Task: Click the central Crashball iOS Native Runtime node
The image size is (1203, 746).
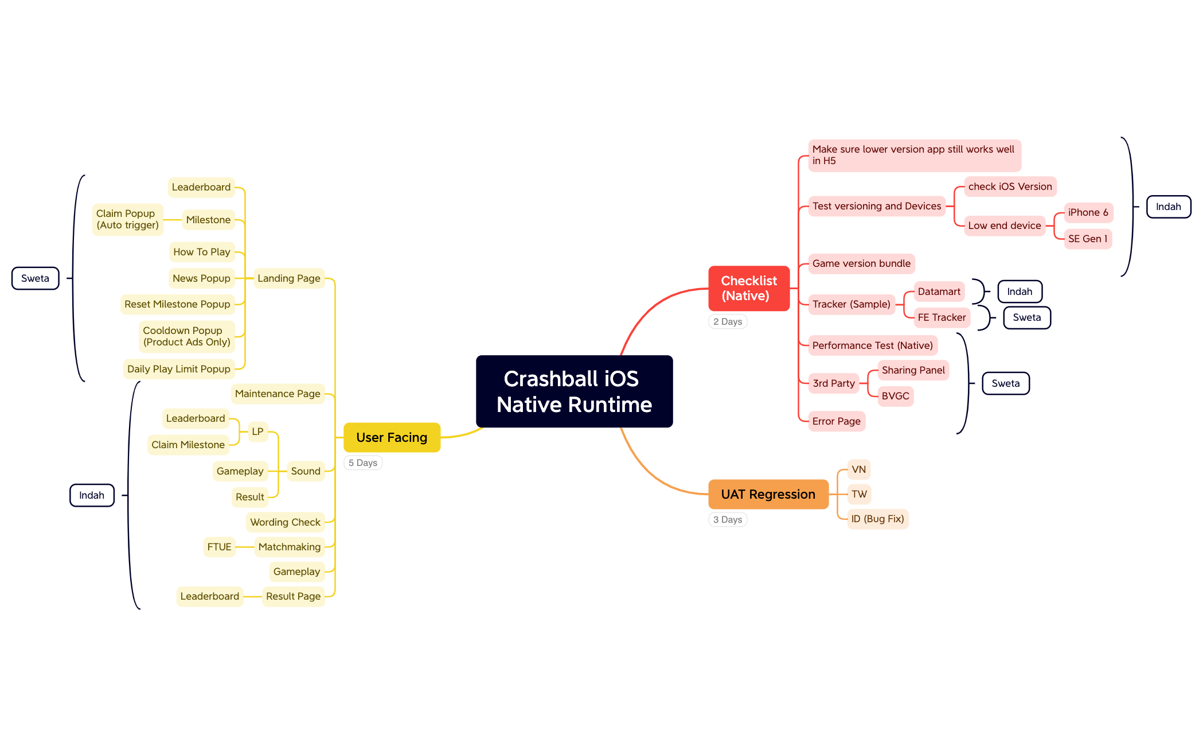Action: click(574, 391)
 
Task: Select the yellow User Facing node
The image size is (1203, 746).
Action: click(392, 437)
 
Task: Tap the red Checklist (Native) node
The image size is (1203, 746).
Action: click(749, 288)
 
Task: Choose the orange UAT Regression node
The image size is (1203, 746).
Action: click(768, 494)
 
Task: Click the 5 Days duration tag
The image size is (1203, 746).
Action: click(363, 463)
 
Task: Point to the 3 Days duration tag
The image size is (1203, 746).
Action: click(728, 519)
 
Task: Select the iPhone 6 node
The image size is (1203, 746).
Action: click(1088, 212)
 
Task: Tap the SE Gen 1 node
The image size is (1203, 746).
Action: click(1088, 239)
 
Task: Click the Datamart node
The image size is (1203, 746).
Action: click(939, 292)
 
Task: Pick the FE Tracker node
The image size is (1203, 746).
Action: click(942, 317)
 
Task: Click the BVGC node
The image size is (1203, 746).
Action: click(895, 396)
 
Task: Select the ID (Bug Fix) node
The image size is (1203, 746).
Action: click(877, 519)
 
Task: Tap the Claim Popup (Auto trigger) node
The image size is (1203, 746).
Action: click(127, 219)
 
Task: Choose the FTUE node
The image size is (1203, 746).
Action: click(219, 547)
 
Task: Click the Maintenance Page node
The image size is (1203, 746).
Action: click(278, 394)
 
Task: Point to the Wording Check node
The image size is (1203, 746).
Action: click(285, 522)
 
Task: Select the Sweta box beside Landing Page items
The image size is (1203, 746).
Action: click(35, 278)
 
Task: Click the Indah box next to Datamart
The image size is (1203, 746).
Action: click(1020, 292)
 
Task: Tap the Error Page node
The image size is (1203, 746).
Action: click(836, 421)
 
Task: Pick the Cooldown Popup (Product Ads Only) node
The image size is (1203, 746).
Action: click(186, 336)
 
